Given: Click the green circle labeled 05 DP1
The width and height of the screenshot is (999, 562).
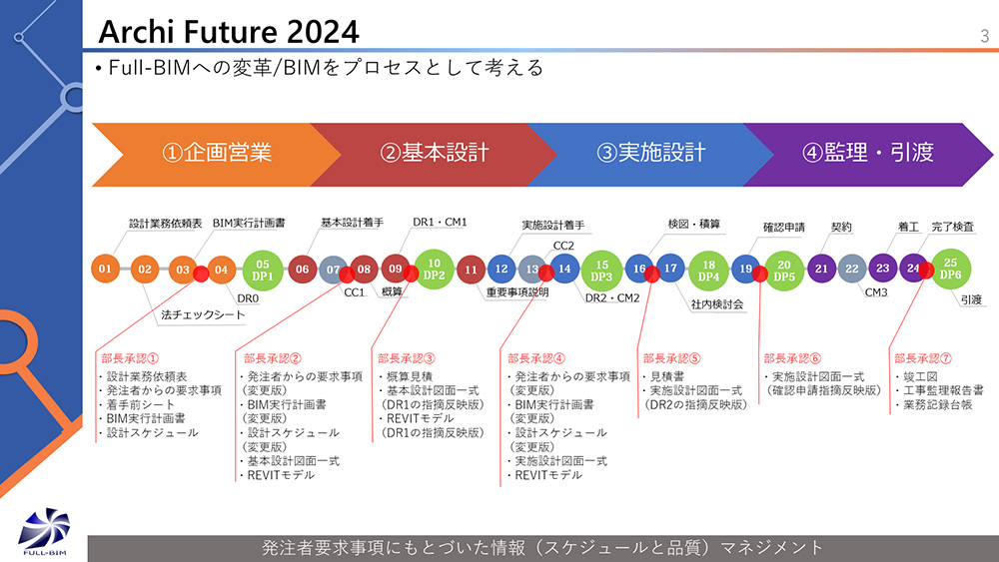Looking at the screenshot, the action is pos(263,270).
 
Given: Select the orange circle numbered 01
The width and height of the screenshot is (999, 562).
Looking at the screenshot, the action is pos(105,269).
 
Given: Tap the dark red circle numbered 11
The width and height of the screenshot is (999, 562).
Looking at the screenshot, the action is pos(471,270).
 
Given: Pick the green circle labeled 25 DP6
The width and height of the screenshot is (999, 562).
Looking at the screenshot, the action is pos(951,269).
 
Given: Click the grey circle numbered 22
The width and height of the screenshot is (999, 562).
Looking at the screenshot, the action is pos(852,269).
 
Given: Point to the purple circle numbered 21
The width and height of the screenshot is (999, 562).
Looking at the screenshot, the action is pos(821,269).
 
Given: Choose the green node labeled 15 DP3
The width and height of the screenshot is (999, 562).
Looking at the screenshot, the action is pos(601,271).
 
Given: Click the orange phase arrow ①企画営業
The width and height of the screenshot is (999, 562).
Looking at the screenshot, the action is pos(217,155).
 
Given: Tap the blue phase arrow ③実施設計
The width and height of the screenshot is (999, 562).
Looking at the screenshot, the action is pos(650,155).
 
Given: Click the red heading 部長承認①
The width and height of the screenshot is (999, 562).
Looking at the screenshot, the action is pos(130,358).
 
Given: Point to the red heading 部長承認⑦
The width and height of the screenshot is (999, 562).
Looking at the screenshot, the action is pos(922,358).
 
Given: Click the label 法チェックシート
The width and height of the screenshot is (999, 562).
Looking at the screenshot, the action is pos(203,314).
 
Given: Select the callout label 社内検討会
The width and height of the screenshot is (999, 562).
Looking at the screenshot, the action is pos(717,304).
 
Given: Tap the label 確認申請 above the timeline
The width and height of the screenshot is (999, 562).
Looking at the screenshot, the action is pos(783,228).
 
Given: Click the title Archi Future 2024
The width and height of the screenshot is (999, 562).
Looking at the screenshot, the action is pos(229,32).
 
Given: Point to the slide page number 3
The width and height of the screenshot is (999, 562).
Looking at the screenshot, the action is pos(984,36).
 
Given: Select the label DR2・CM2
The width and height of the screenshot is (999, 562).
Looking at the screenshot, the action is pos(612,297).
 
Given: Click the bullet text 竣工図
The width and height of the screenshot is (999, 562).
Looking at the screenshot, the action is pos(920,376).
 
